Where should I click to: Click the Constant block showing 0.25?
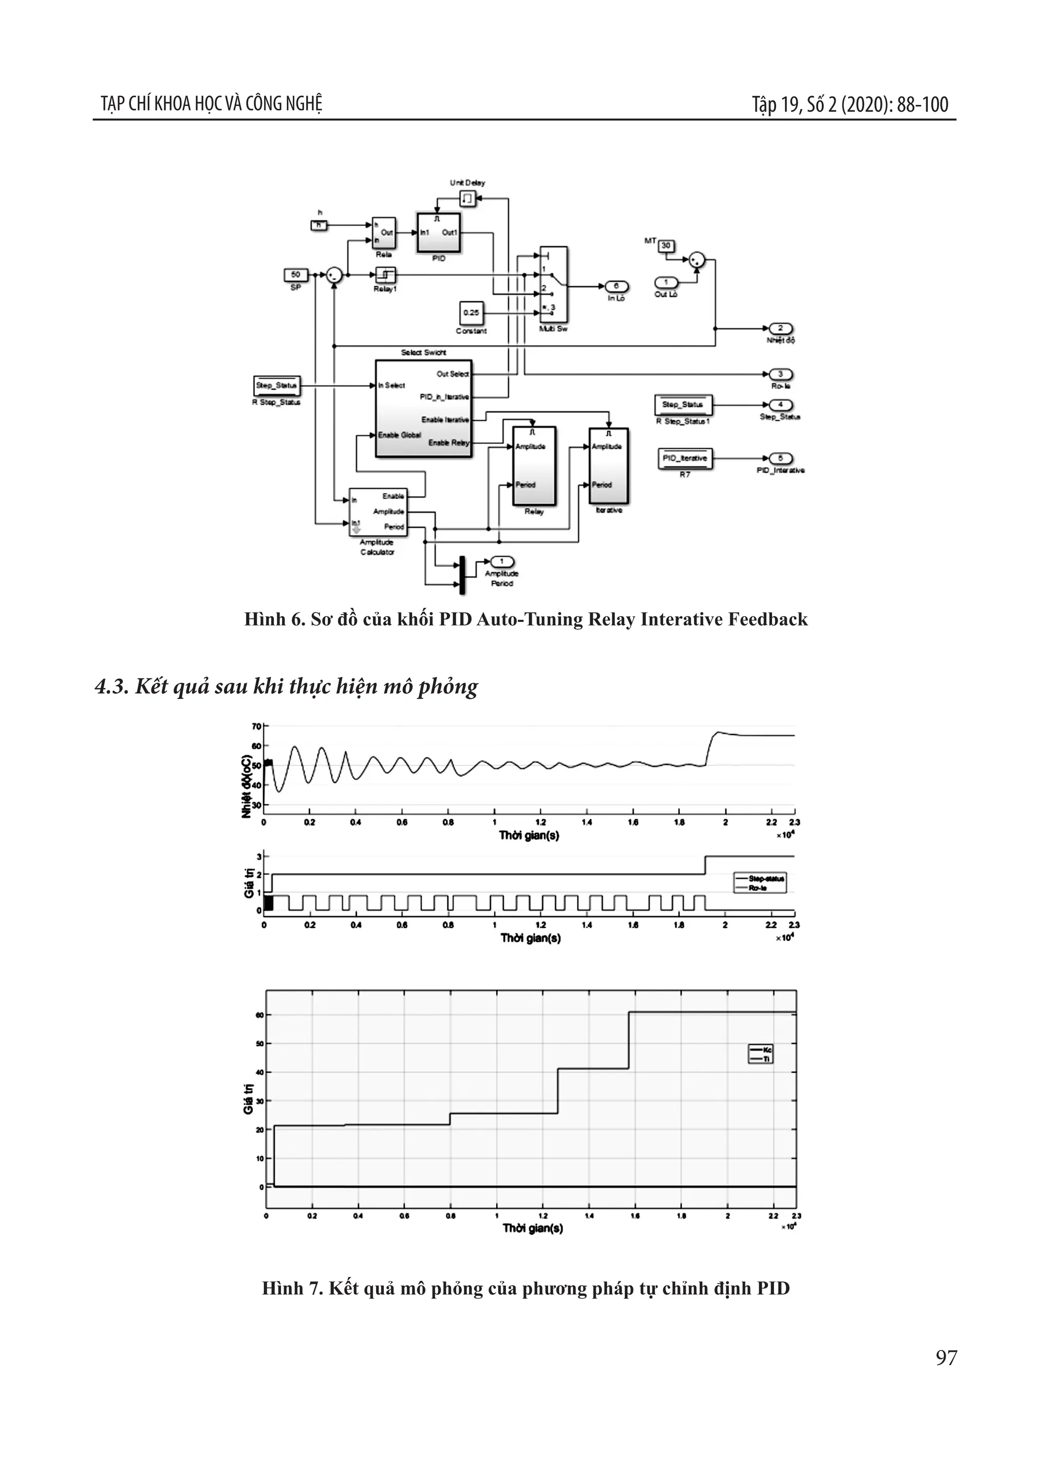point(471,313)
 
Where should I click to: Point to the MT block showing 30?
point(666,245)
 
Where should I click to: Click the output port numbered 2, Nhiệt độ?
point(781,328)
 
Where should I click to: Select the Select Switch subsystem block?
point(423,408)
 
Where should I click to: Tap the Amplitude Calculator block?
point(378,511)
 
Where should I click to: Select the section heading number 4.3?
point(111,687)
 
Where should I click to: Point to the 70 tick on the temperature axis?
point(257,726)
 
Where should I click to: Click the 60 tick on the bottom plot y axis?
point(259,1015)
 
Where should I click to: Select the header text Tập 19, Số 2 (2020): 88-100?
point(850,104)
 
